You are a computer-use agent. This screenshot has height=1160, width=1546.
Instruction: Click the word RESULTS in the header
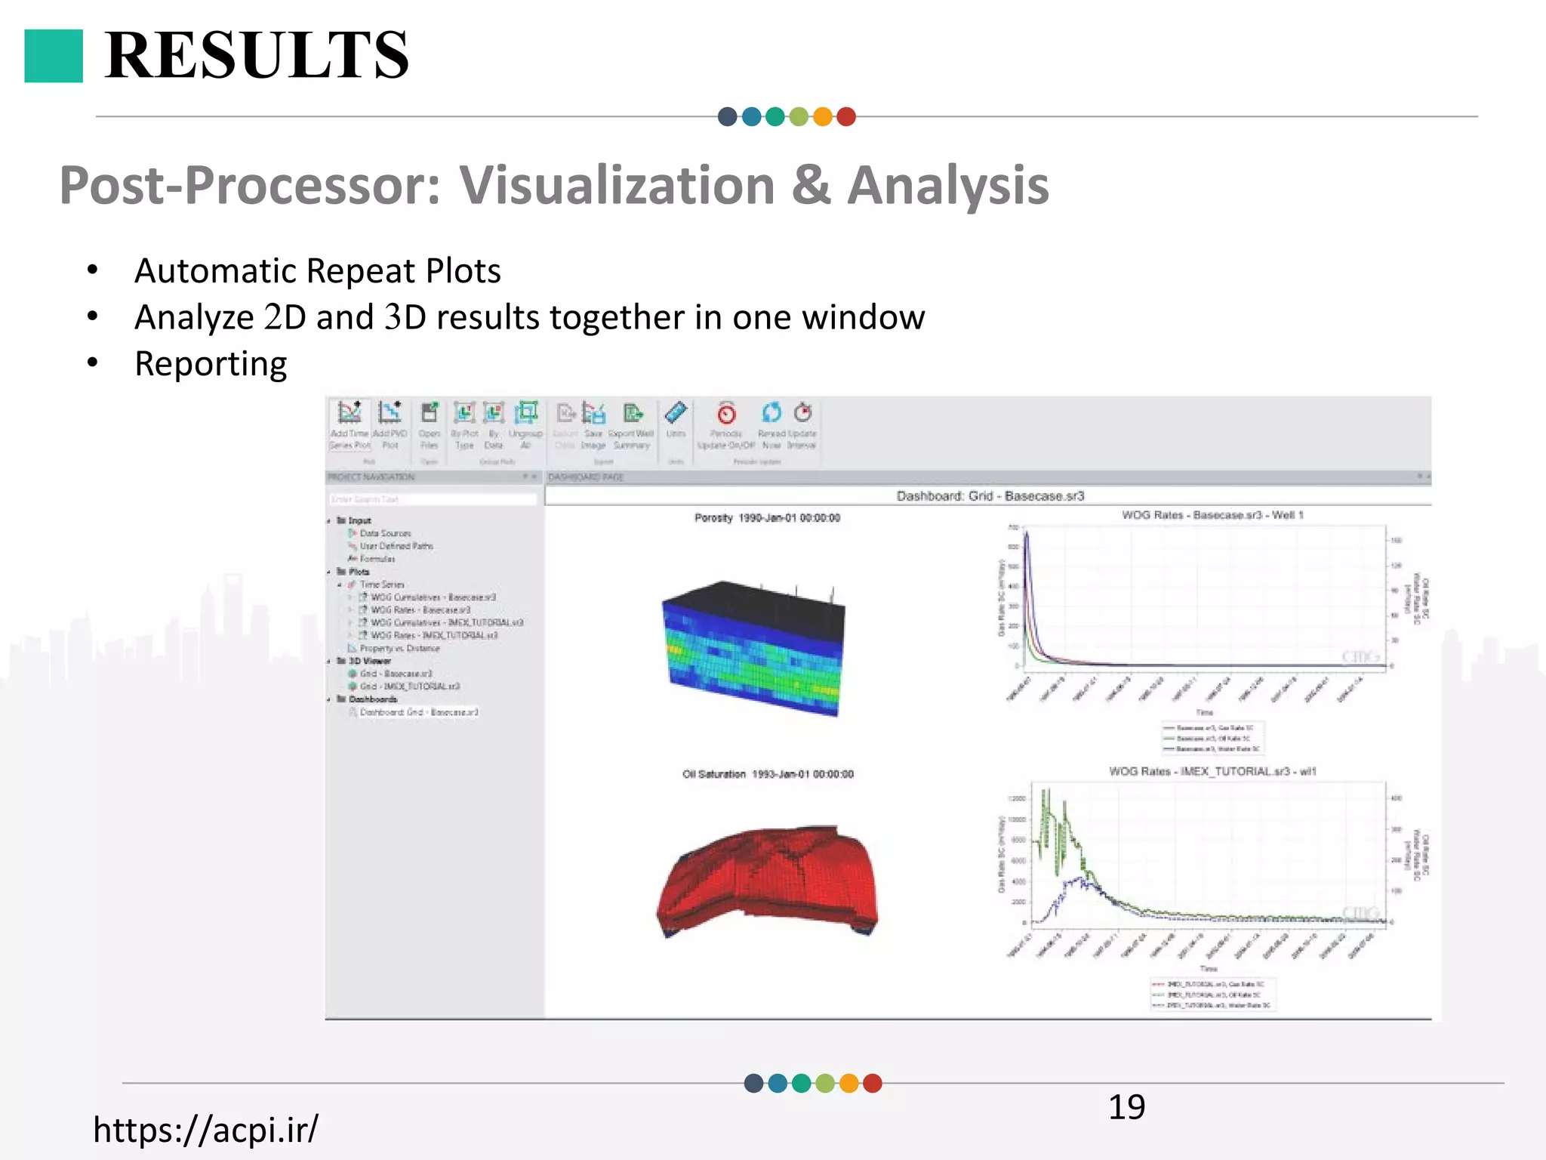tap(257, 55)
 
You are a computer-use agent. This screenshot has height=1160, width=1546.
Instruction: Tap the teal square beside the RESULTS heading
tap(54, 56)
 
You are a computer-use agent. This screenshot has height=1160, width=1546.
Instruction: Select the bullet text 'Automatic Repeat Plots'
tap(317, 270)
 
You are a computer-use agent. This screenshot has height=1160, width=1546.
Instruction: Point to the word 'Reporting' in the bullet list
tap(211, 363)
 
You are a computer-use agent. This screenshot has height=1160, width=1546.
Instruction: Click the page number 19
tap(1126, 1107)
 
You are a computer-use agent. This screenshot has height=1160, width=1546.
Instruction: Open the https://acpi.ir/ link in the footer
tap(205, 1129)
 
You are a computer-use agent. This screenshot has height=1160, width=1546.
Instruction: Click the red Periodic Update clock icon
tap(726, 414)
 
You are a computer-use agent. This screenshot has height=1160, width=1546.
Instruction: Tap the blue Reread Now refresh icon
tap(771, 412)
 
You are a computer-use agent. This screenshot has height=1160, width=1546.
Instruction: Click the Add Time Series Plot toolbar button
tap(350, 413)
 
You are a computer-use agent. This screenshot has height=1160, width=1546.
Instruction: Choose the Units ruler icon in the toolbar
tap(676, 413)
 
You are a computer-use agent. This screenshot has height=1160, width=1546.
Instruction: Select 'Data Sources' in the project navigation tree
tap(384, 533)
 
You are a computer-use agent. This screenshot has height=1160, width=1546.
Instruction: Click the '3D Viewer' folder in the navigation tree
tap(369, 661)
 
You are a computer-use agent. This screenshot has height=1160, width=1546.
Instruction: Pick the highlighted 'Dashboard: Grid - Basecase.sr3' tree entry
tap(418, 712)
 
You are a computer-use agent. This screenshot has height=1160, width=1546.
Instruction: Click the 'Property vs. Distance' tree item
tap(399, 648)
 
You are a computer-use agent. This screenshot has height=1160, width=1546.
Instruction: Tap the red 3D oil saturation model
tap(767, 880)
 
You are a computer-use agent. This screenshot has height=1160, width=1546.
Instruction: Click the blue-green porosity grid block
tap(753, 648)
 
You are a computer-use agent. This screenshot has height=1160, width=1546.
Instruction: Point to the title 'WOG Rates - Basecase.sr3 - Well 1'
tap(1212, 515)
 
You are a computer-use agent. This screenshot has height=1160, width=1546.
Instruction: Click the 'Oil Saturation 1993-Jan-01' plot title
tap(768, 774)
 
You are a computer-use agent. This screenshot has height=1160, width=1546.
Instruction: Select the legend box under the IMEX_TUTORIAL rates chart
tap(1212, 995)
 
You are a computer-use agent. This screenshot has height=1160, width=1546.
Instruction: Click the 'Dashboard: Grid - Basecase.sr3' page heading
tap(990, 496)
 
